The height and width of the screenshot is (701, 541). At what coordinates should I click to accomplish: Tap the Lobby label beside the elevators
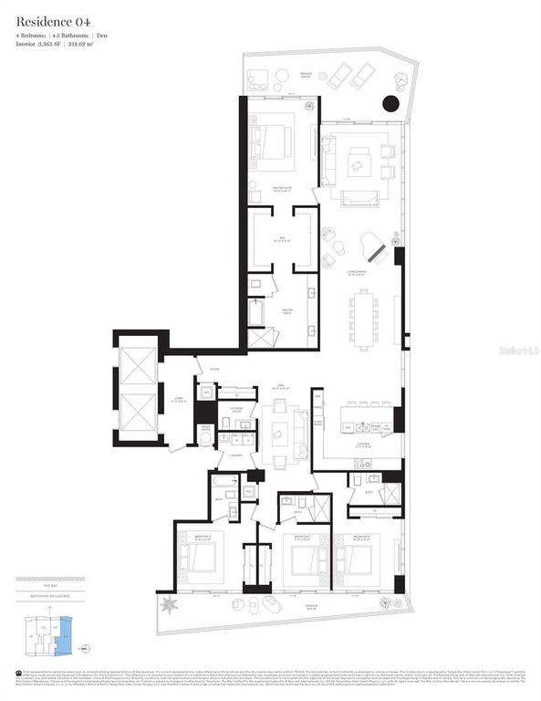179,397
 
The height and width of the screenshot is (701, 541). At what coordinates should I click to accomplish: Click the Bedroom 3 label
302,536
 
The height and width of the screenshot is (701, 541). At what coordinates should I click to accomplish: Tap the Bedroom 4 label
361,536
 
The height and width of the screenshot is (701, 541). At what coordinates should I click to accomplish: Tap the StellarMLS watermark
517,350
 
